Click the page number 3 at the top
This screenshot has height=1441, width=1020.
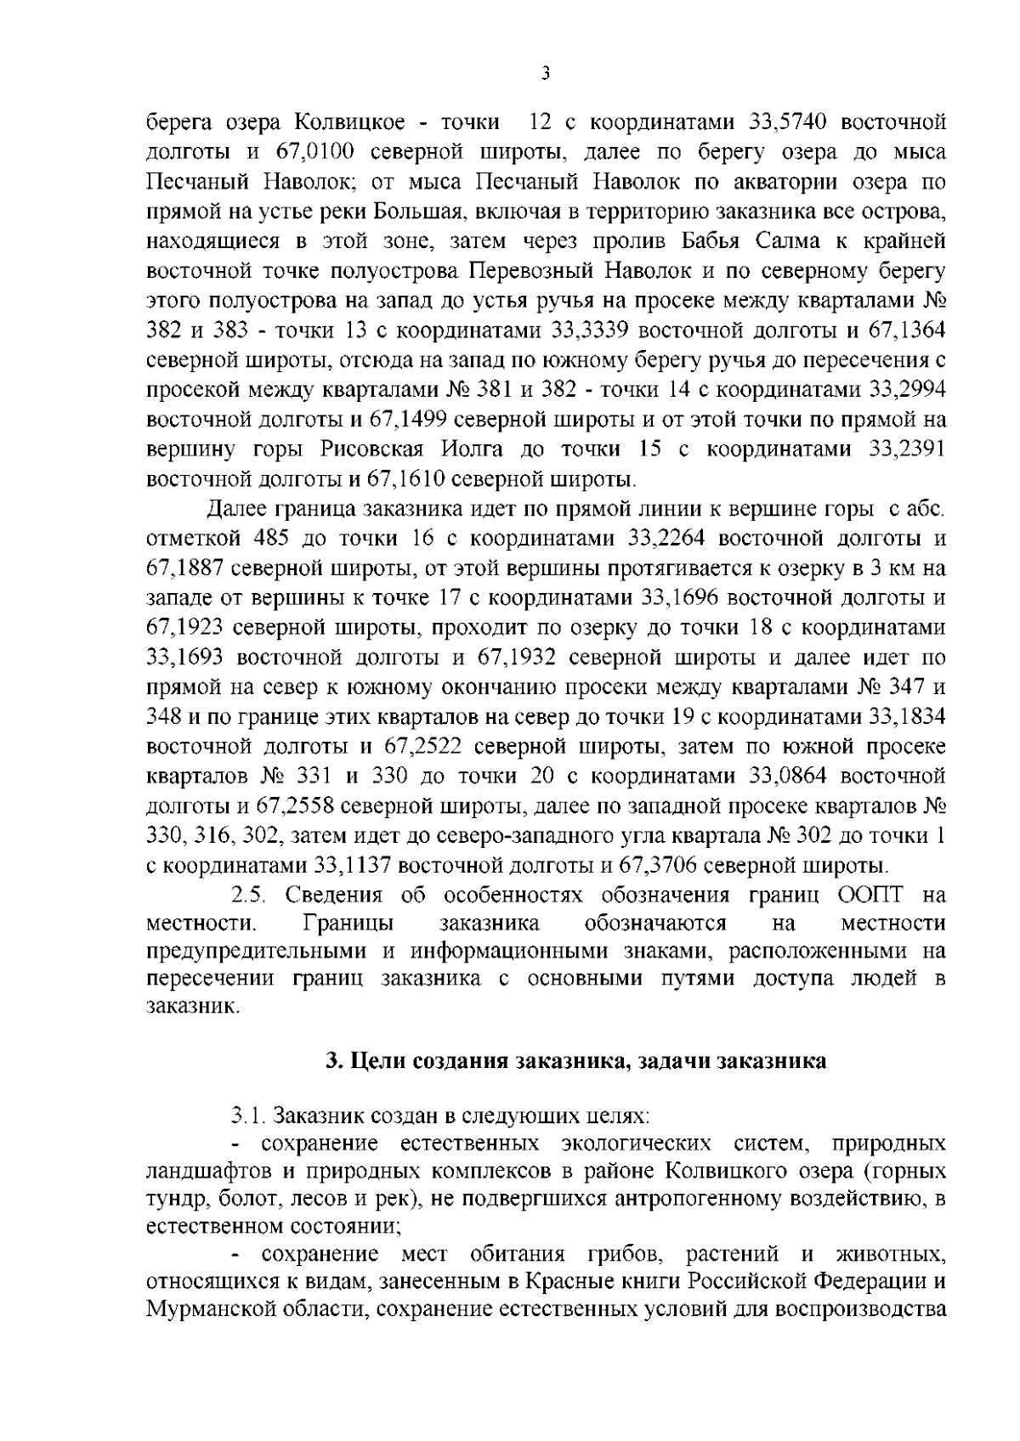[546, 74]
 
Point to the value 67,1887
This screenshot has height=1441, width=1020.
[184, 569]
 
